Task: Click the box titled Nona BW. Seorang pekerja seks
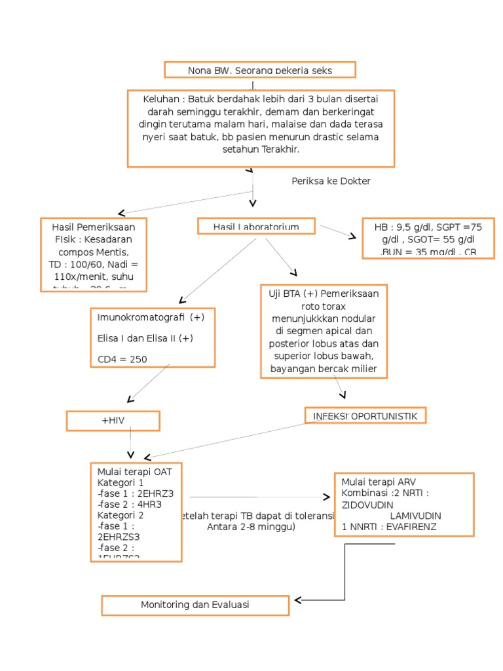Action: [x=260, y=70]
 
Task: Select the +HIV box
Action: [x=113, y=421]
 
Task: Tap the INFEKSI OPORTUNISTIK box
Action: [x=365, y=415]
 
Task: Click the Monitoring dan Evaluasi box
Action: [x=195, y=605]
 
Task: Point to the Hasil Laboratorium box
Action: [x=256, y=227]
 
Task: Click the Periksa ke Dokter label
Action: [x=331, y=181]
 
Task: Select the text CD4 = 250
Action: [x=122, y=358]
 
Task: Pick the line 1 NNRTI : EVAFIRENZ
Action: [x=388, y=526]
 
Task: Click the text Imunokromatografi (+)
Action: [x=151, y=317]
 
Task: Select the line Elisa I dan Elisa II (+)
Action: [x=145, y=338]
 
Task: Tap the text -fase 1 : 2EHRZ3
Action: [x=135, y=494]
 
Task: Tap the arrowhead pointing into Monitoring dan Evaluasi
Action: [x=298, y=600]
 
